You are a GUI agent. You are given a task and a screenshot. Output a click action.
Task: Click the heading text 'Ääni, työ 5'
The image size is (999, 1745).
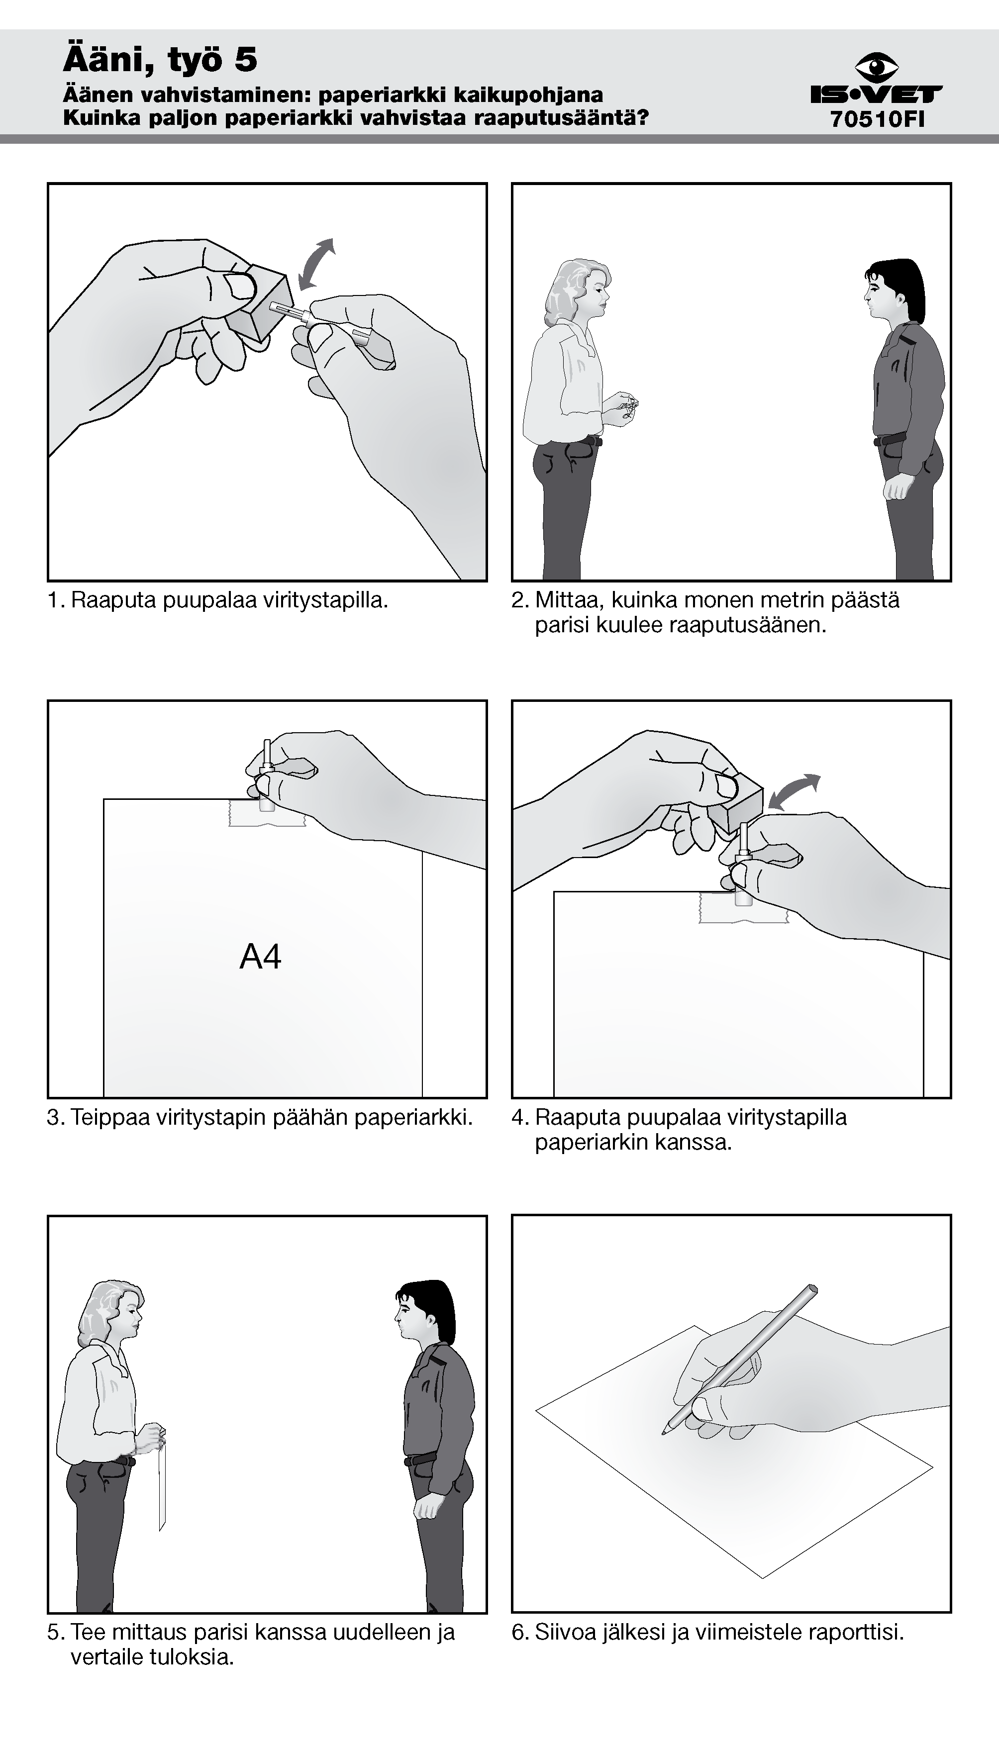160,59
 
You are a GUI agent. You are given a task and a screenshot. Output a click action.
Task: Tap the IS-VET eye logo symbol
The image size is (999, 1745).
877,67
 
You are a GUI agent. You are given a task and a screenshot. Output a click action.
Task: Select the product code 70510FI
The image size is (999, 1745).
877,119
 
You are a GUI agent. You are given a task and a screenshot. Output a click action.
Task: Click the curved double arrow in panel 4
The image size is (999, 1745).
795,792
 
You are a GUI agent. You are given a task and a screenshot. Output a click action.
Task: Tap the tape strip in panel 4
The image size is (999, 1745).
743,907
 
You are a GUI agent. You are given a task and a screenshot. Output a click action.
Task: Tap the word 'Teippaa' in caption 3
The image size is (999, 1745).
110,1117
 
